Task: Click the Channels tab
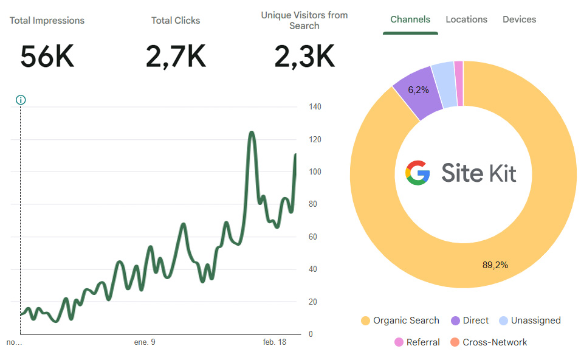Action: point(410,19)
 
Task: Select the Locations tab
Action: point(466,19)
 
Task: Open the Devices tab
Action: point(519,19)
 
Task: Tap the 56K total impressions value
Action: point(47,57)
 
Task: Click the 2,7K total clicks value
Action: point(176,57)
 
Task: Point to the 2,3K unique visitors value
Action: point(304,57)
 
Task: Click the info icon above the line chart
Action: point(21,100)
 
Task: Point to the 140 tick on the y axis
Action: point(315,107)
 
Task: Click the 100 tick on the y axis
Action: point(315,171)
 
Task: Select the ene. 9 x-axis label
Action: point(145,342)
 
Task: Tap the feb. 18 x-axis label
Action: point(275,342)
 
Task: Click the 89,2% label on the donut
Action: point(495,265)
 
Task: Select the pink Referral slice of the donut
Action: point(459,83)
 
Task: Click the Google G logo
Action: point(418,173)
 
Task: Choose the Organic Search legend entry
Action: point(400,320)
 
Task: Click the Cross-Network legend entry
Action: point(489,342)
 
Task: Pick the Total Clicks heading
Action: point(176,21)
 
